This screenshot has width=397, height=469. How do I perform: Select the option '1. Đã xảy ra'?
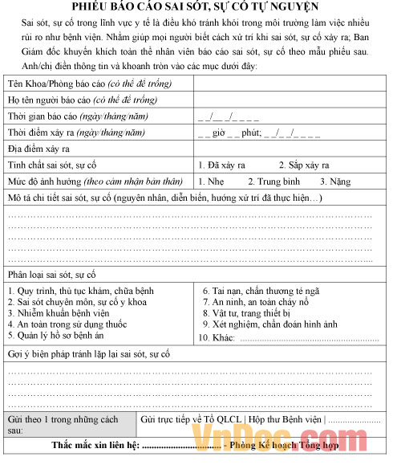click(x=221, y=165)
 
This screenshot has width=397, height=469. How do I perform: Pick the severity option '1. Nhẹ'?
click(x=213, y=181)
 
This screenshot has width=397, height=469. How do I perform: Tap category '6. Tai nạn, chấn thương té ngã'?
click(x=261, y=291)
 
